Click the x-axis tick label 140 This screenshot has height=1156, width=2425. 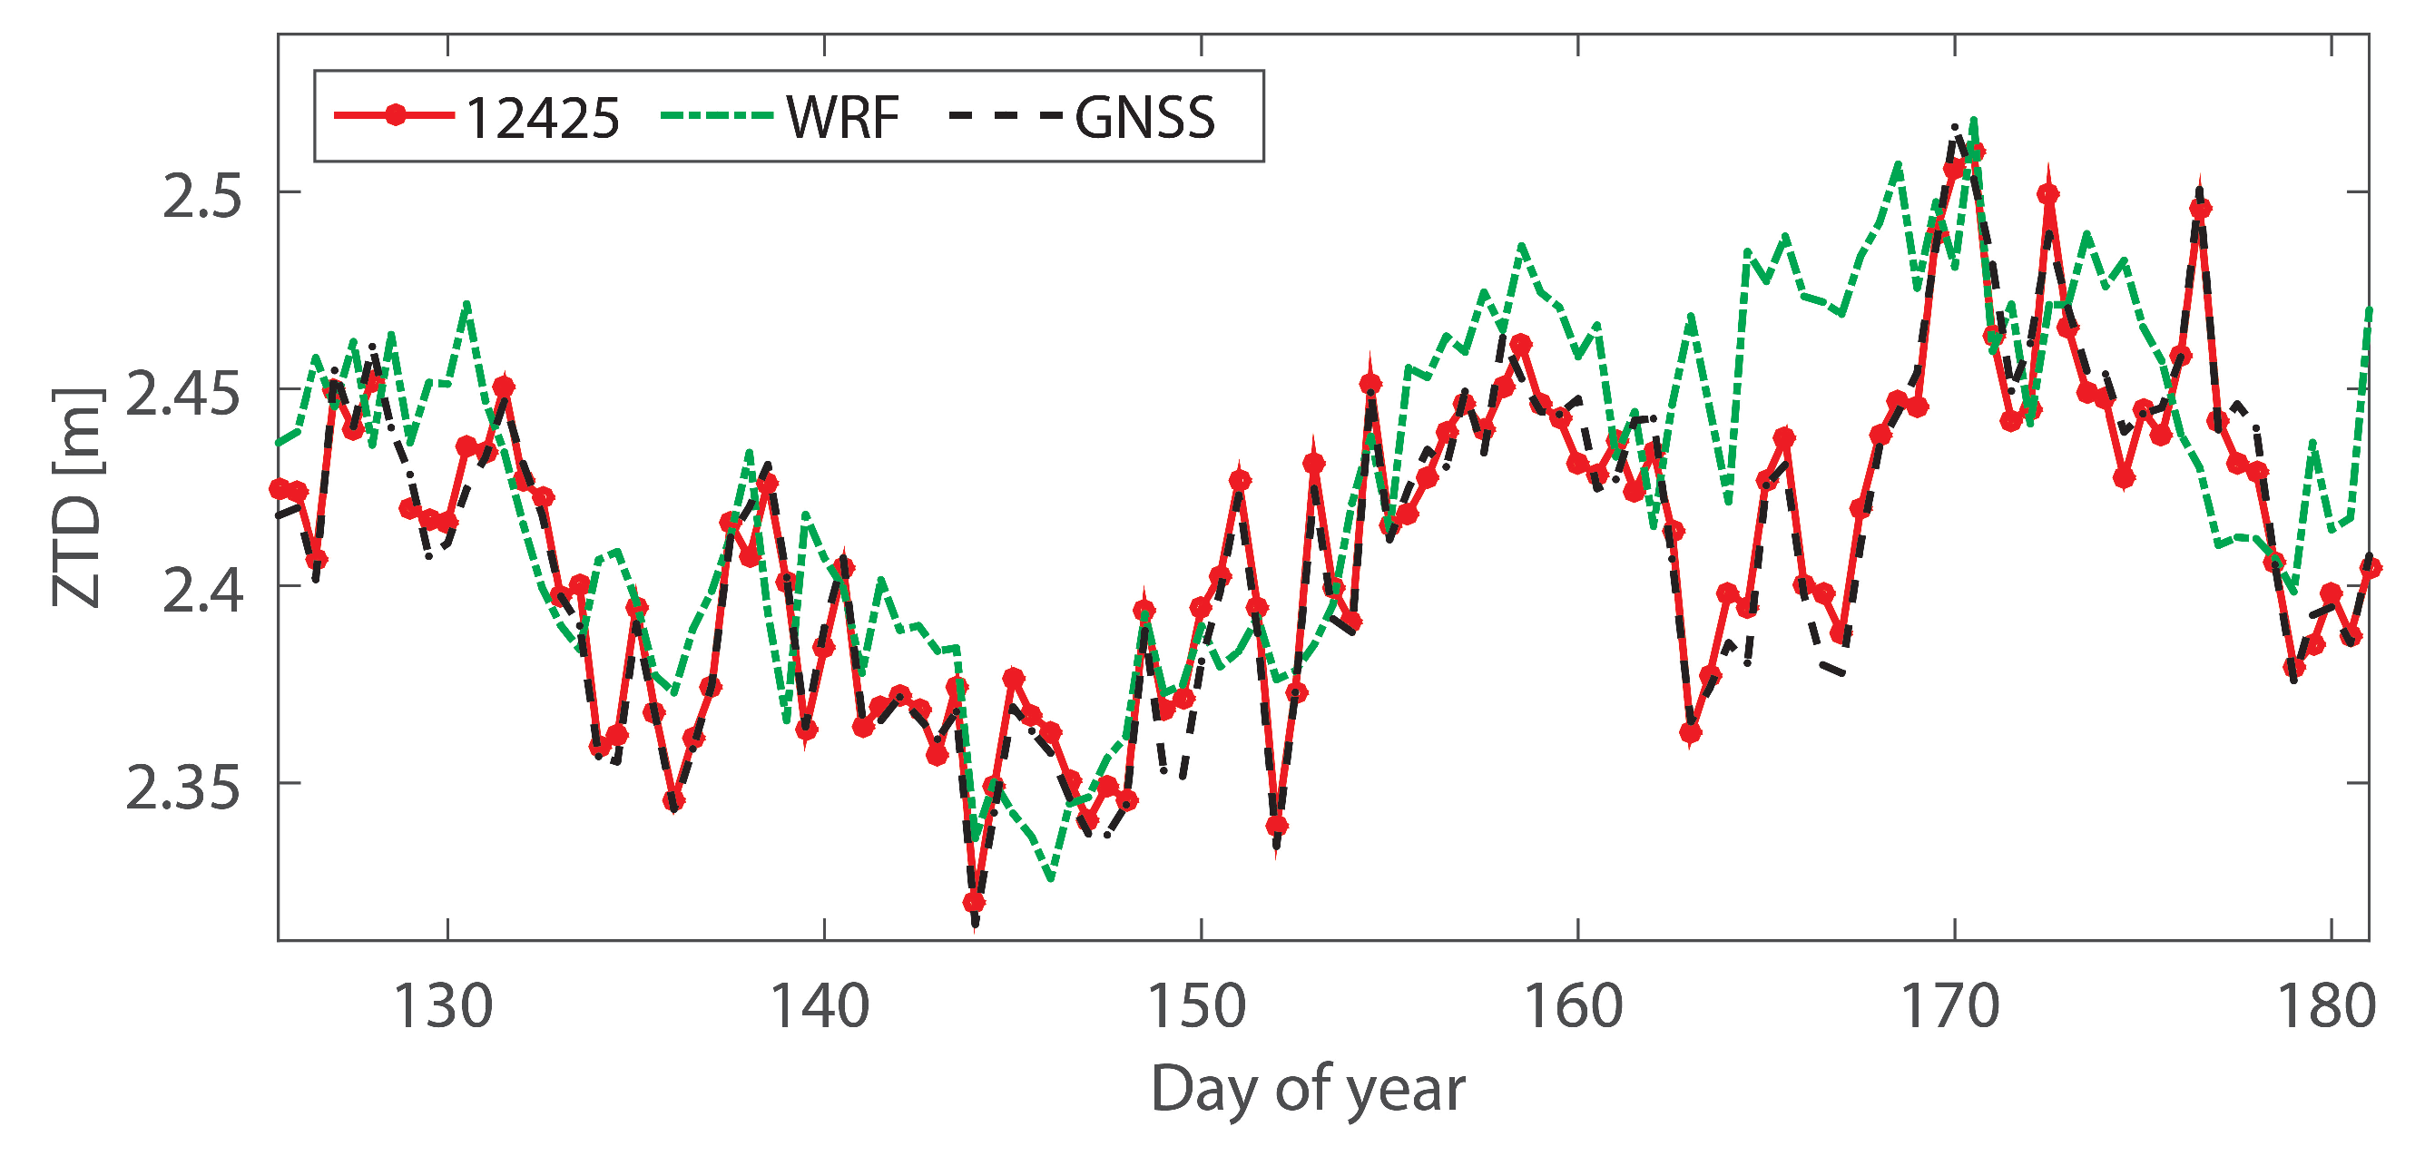[819, 1006]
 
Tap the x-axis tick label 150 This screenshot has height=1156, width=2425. [1195, 1006]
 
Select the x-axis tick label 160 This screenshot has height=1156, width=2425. [1573, 1006]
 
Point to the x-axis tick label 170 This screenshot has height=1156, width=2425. [1949, 1006]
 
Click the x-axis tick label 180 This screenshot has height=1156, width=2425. [2326, 1006]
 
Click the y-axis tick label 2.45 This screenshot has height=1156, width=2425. [182, 393]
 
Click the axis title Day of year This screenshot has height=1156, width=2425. [1308, 1090]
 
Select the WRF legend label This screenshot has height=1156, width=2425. [842, 118]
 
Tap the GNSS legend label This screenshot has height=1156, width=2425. [1144, 118]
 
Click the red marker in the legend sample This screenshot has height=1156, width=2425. [397, 116]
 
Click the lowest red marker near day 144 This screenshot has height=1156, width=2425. [975, 903]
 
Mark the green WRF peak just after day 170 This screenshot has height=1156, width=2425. [1974, 120]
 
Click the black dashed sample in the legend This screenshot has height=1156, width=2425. [1006, 116]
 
